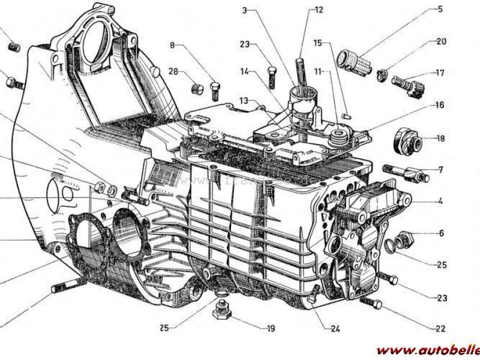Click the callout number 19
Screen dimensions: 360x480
271,328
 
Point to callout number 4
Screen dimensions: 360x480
440,202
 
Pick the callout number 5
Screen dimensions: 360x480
440,233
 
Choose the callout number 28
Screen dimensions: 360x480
173,71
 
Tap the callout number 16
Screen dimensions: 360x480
440,105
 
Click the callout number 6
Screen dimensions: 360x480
440,233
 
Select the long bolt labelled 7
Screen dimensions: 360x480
411,173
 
